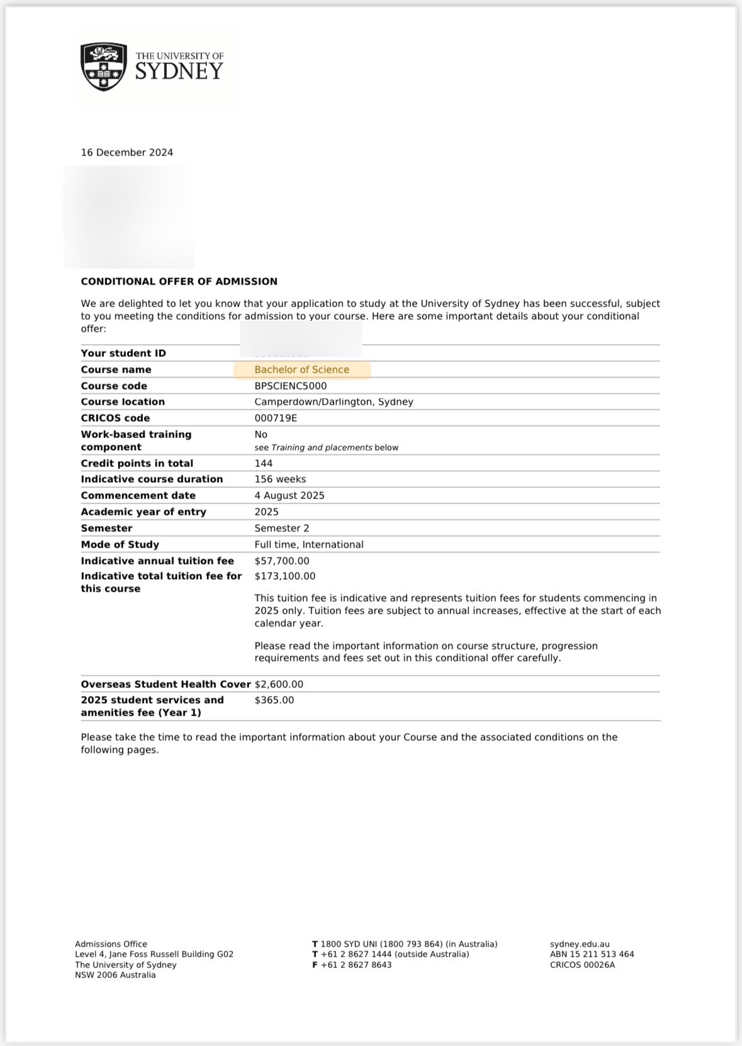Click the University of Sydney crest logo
pyautogui.click(x=103, y=67)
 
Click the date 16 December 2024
pyautogui.click(x=126, y=152)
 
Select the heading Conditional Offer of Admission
pyautogui.click(x=179, y=281)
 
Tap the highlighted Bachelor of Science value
pyautogui.click(x=301, y=369)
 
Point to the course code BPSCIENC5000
pyautogui.click(x=290, y=386)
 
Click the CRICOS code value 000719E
pyautogui.click(x=276, y=418)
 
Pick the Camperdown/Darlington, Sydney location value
pyautogui.click(x=334, y=402)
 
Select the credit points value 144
pyautogui.click(x=264, y=463)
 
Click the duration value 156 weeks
pyautogui.click(x=280, y=479)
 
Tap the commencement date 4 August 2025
pyautogui.click(x=289, y=495)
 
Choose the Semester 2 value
pyautogui.click(x=282, y=528)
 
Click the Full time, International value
pyautogui.click(x=309, y=544)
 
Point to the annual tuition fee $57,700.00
pyautogui.click(x=282, y=561)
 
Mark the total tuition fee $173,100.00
pyautogui.click(x=285, y=576)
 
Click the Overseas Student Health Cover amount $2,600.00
pyautogui.click(x=279, y=684)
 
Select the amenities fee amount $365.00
pyautogui.click(x=274, y=700)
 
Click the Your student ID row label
pyautogui.click(x=123, y=353)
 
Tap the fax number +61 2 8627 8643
pyautogui.click(x=356, y=965)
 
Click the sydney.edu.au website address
pyautogui.click(x=580, y=944)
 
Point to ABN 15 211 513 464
pyautogui.click(x=592, y=954)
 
